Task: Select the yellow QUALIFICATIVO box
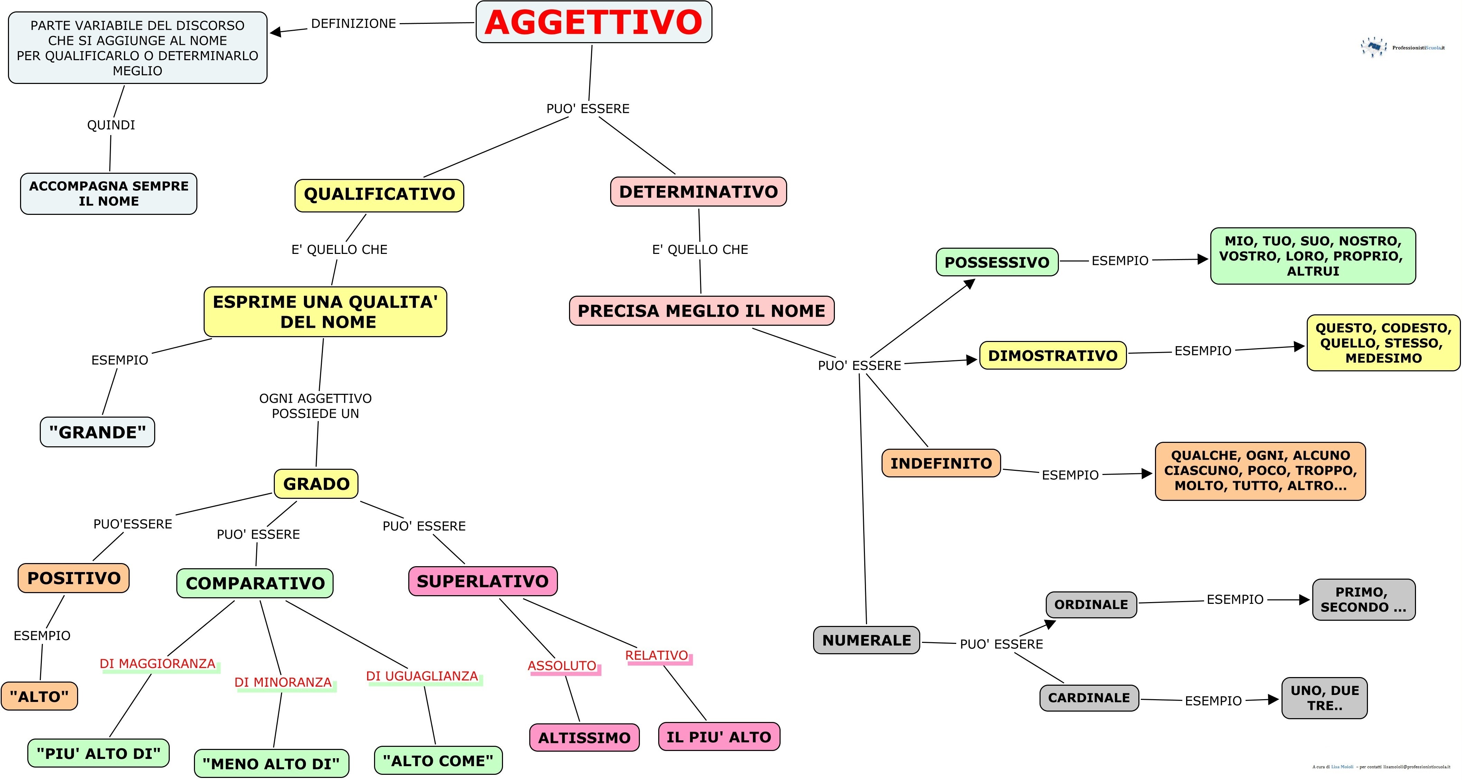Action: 379,195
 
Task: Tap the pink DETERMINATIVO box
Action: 698,192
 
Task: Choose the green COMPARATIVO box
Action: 255,583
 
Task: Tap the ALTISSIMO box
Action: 584,738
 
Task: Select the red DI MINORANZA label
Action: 283,682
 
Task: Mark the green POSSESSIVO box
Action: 997,262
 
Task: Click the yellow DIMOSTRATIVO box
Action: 1052,356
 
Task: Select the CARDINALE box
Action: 1089,698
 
